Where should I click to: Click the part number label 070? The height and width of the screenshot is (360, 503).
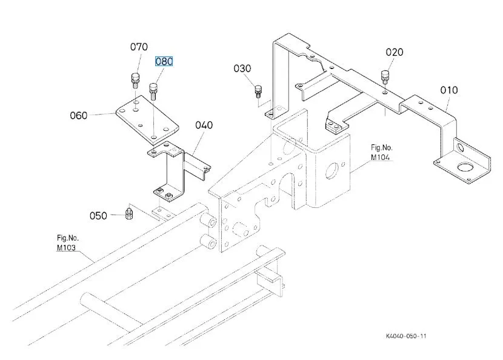tap(139, 47)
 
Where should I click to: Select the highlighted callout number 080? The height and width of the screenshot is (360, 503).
tap(164, 61)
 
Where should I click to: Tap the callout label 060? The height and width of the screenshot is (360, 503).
tap(79, 116)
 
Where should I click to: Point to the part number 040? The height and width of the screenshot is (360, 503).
tap(204, 125)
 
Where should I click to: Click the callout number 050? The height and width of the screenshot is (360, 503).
tap(98, 216)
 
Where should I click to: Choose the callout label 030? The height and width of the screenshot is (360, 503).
tap(242, 68)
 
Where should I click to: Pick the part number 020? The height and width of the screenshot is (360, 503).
tap(395, 52)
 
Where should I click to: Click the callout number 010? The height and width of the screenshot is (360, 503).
tap(449, 90)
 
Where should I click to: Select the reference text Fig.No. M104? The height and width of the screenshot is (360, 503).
tap(381, 152)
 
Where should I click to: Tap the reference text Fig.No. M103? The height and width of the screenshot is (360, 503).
tap(68, 243)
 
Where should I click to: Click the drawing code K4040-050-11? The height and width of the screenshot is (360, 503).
tap(406, 336)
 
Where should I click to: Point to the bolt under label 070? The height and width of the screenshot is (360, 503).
tap(135, 81)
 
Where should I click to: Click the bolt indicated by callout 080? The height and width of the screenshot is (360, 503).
tap(153, 92)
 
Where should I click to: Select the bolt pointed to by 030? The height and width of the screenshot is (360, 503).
tap(258, 91)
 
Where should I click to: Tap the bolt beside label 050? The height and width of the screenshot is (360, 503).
tap(128, 213)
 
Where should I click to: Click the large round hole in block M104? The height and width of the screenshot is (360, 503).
tap(332, 171)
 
